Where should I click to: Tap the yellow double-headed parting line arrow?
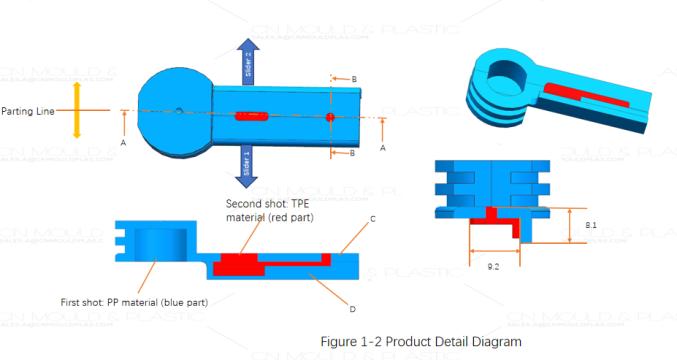click(77, 110)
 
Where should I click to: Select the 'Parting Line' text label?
click(27, 110)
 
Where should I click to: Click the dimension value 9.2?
click(493, 267)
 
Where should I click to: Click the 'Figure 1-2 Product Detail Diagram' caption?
click(420, 342)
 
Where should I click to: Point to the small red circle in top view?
click(330, 118)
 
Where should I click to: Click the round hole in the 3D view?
click(512, 71)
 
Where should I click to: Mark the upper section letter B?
click(353, 78)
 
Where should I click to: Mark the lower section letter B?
click(353, 153)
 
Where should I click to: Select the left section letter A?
click(122, 143)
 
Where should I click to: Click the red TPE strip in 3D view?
click(583, 97)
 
